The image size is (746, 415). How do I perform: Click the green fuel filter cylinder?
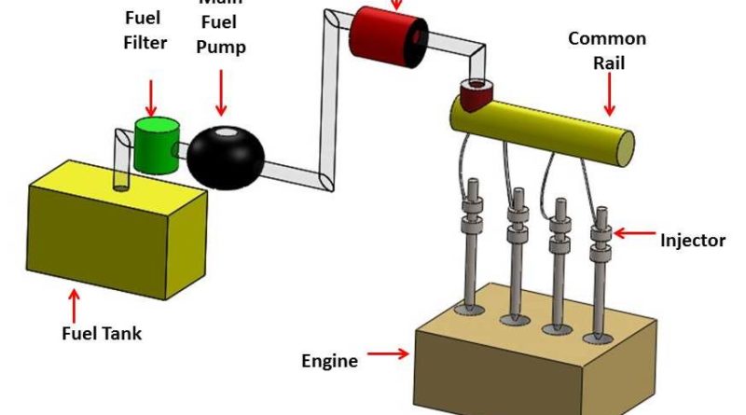[155, 145]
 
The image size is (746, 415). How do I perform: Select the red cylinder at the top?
[385, 40]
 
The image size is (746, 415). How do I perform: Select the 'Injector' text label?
[692, 241]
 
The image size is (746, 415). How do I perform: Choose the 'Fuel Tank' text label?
[96, 332]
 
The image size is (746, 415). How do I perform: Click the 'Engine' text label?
[329, 360]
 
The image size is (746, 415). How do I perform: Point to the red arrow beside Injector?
[633, 234]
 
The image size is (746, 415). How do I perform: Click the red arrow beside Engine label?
[387, 353]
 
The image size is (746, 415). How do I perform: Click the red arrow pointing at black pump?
[221, 95]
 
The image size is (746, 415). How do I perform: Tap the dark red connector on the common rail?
[477, 94]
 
